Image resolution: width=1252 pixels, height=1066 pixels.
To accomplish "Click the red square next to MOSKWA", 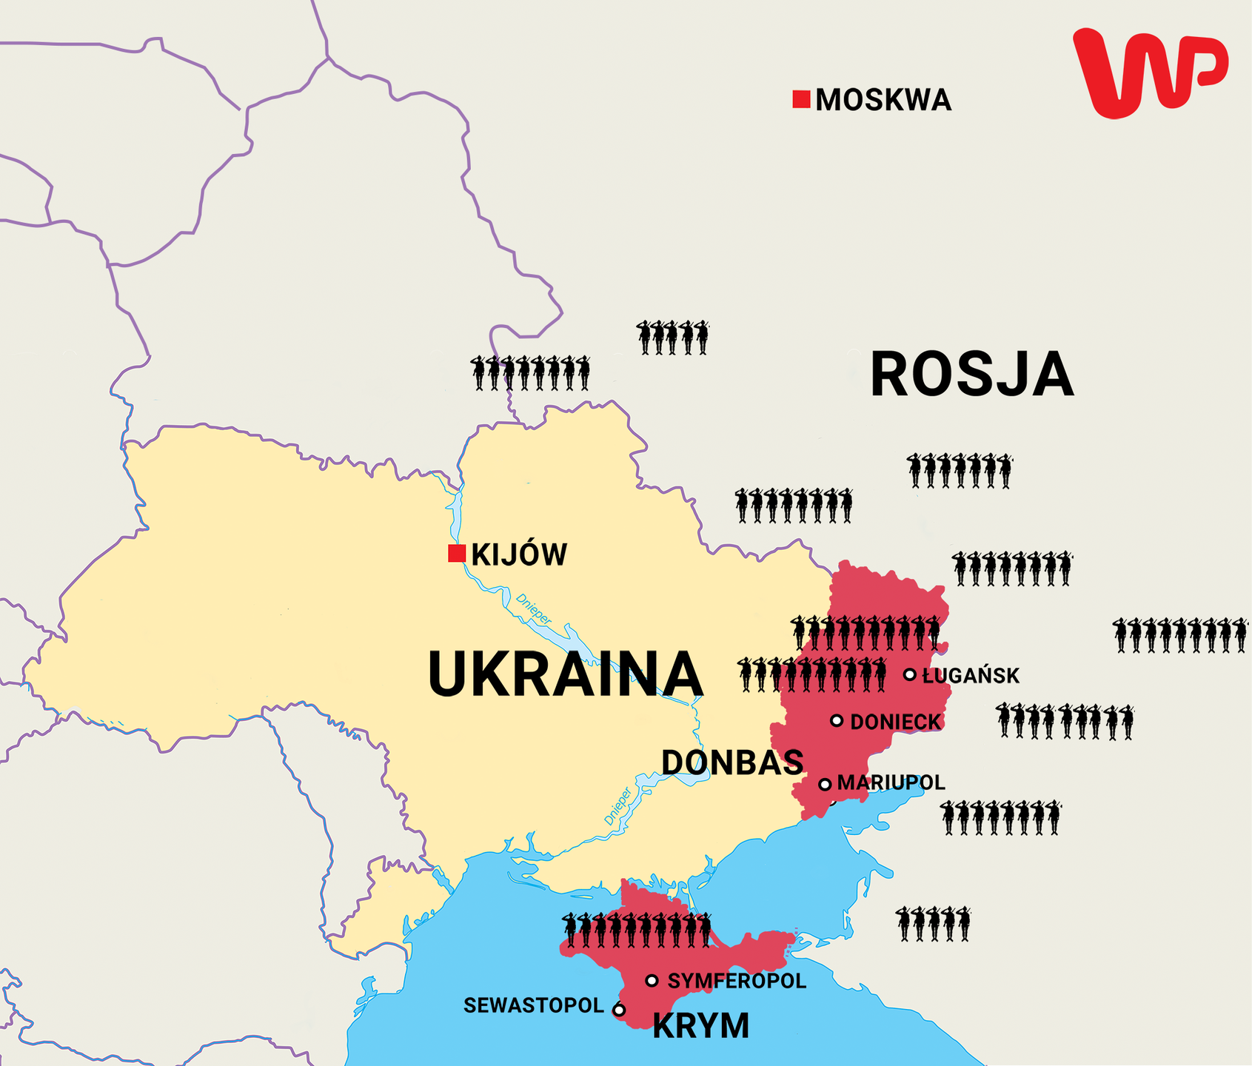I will tap(801, 99).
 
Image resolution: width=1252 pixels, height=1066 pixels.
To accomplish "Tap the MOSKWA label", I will tap(883, 100).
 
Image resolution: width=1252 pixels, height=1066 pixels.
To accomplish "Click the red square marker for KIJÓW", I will tap(457, 553).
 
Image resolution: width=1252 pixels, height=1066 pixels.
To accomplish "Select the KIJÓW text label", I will tap(519, 554).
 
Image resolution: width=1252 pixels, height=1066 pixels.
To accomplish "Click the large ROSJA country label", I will tap(971, 375).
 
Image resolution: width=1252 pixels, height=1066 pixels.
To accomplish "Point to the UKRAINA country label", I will tap(564, 674).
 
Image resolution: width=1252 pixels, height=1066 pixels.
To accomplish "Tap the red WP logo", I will tap(1149, 73).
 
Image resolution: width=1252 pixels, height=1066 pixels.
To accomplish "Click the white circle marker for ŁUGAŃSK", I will tap(910, 674).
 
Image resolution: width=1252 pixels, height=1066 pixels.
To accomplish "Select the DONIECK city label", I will tap(895, 722).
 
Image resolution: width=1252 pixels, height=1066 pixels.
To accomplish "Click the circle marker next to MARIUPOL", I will tap(825, 784).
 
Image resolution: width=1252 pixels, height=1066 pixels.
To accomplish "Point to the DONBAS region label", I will tap(732, 762).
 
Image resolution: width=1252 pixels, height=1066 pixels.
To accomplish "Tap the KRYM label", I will tap(700, 1026).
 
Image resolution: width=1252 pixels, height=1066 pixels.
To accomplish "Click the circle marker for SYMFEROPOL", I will tap(652, 981).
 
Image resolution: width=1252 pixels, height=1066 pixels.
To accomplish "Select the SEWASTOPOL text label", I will tap(534, 1005).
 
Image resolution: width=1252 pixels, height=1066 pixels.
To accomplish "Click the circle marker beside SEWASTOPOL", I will tap(619, 1009).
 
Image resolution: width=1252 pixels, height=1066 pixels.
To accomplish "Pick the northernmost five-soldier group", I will tap(672, 338).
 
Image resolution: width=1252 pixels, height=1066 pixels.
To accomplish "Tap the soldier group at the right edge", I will tap(1180, 635).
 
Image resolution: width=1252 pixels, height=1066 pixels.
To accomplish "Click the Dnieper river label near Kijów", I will tap(533, 609).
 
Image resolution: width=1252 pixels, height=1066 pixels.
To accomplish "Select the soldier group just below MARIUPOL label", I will tap(1000, 817).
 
